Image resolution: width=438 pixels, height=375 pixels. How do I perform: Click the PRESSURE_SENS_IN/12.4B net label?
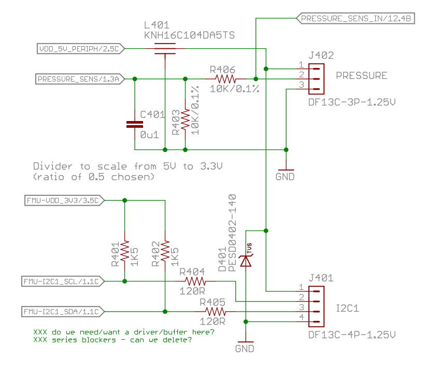356,18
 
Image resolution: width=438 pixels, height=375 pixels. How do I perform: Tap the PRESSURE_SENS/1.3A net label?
79,79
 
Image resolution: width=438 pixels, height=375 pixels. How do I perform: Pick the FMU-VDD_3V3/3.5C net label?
65,199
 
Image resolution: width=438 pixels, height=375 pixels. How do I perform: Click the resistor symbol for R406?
225,79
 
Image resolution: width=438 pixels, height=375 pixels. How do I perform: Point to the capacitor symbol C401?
135,124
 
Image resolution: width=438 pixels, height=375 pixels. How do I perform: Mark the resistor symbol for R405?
216,312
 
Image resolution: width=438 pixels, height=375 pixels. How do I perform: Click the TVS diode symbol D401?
246,260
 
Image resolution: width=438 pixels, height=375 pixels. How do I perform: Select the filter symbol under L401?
164,50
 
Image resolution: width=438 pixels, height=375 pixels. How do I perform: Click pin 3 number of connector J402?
301,85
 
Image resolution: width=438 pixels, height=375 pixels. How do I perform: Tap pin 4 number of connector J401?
301,317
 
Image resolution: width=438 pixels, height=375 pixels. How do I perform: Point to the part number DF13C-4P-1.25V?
352,334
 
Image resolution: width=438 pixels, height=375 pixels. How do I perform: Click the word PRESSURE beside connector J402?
361,76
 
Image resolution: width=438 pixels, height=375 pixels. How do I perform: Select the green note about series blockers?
112,340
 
